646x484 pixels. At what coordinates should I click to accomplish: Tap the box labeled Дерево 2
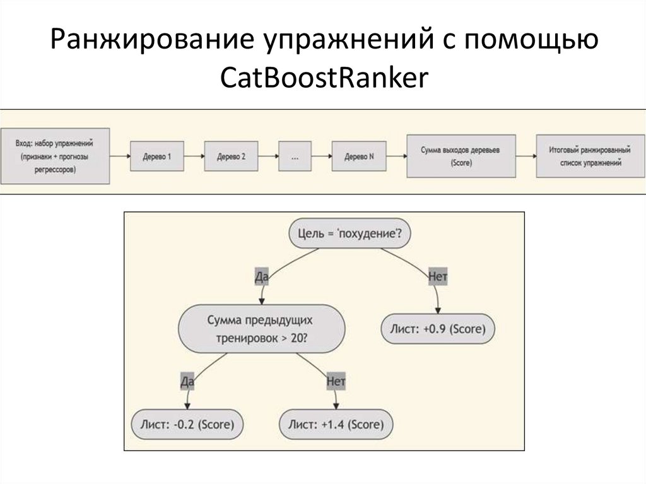231,156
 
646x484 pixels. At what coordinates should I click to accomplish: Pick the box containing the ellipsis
295,156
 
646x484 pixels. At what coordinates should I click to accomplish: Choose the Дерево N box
358,156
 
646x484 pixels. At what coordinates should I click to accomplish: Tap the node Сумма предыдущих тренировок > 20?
262,329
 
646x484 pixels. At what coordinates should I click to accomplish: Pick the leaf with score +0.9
438,329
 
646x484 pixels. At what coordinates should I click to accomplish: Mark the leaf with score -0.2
187,423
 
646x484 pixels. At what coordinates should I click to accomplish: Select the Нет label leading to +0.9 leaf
437,276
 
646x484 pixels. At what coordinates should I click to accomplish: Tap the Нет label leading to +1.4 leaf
336,381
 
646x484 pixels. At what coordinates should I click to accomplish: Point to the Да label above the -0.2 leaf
187,381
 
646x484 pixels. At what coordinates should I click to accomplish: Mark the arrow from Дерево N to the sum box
395,156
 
